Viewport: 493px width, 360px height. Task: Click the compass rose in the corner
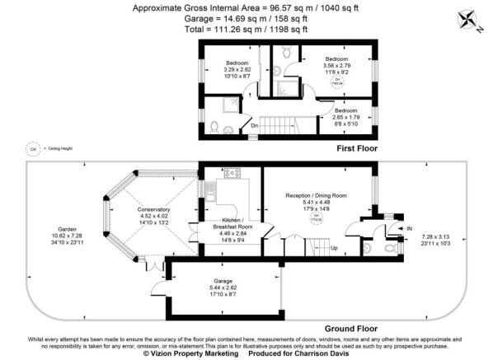[472, 18]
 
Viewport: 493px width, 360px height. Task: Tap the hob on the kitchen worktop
[230, 173]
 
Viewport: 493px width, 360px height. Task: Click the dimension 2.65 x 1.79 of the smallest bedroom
[345, 117]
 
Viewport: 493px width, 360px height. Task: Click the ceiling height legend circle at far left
[34, 148]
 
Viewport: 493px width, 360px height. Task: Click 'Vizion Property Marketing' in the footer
[180, 353]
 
